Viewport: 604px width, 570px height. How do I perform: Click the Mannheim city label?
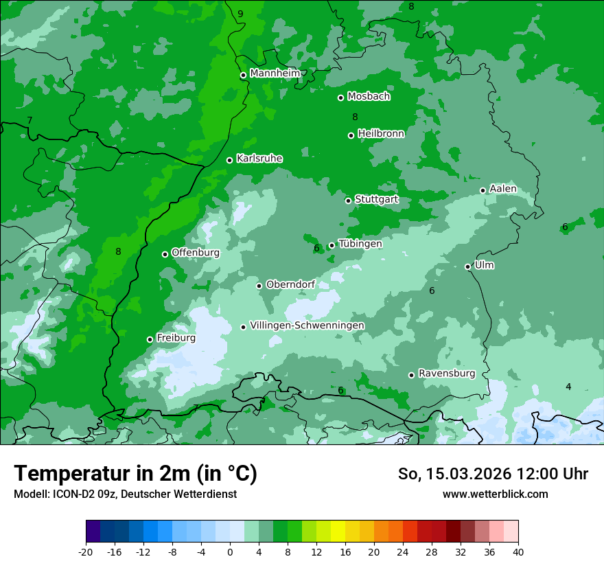275,73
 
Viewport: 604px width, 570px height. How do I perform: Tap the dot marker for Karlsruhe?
229,161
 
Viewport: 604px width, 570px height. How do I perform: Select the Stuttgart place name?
376,200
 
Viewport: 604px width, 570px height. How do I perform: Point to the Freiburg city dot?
150,339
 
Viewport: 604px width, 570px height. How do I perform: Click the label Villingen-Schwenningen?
307,326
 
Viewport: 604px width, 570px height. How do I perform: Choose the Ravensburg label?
446,374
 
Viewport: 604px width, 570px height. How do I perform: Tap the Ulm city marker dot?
467,266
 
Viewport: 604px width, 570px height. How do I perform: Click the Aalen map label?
502,189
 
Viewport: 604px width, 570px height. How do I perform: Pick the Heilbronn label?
381,134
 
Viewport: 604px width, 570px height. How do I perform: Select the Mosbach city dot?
340,98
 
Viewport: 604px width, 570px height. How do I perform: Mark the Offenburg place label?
195,253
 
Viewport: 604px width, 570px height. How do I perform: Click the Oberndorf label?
290,284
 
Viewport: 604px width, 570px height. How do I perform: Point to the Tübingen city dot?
332,245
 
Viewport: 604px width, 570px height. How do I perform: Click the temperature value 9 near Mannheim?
240,14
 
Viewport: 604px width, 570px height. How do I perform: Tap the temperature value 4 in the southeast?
568,387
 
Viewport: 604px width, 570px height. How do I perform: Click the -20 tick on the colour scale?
86,551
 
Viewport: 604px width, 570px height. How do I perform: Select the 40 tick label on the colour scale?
518,551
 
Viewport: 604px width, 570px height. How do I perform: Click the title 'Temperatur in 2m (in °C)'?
135,474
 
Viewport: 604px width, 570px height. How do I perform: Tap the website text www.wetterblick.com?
495,494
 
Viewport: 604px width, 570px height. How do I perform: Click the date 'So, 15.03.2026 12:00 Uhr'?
493,474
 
